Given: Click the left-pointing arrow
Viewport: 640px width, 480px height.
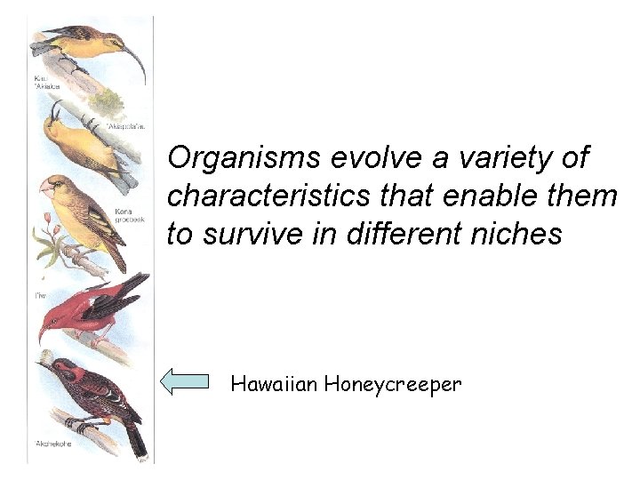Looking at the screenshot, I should tap(184, 382).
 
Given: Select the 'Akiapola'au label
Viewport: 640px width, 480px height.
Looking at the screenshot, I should tap(124, 127).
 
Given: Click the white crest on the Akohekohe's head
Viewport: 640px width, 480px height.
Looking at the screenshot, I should tap(44, 358).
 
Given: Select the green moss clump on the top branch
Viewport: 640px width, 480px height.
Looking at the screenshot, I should tap(109, 100).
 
